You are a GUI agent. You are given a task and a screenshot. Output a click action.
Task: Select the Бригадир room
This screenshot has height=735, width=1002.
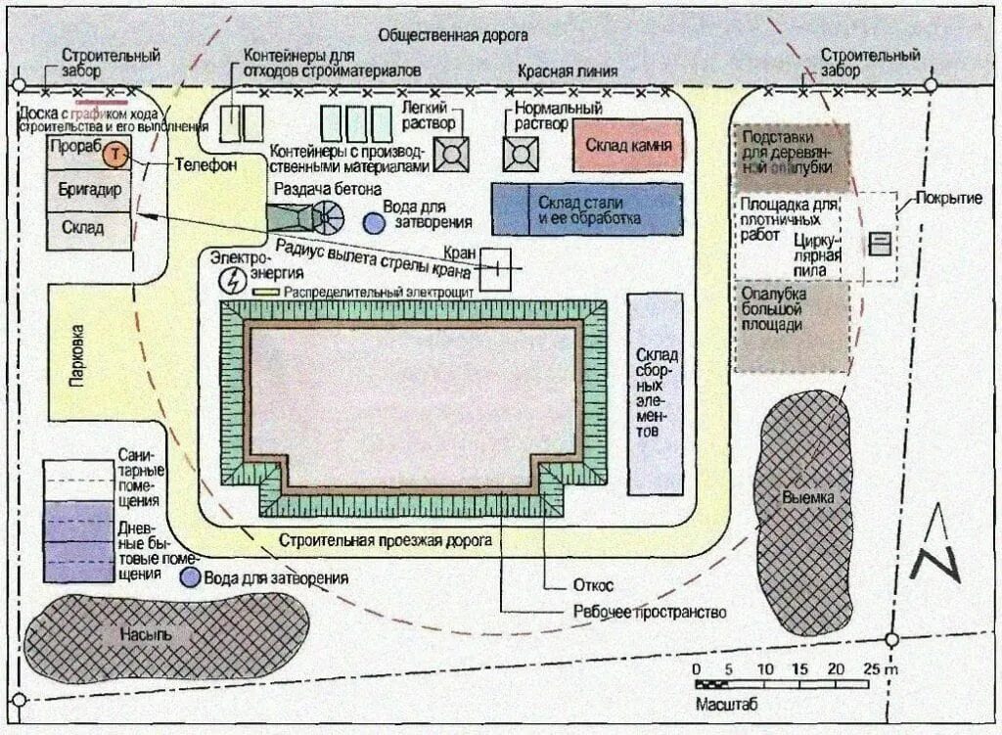point(88,190)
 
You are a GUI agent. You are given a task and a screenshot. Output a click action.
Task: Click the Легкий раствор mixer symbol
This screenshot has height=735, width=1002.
point(452,153)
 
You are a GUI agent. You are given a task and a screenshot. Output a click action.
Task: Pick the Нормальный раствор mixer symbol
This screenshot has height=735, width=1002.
point(521,153)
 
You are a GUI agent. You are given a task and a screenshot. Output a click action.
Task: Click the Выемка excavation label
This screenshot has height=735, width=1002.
point(808,497)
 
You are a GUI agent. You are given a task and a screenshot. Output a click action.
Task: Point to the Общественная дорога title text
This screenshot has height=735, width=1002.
point(453,35)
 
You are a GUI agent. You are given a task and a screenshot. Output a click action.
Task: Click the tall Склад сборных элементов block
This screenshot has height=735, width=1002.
point(654,393)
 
